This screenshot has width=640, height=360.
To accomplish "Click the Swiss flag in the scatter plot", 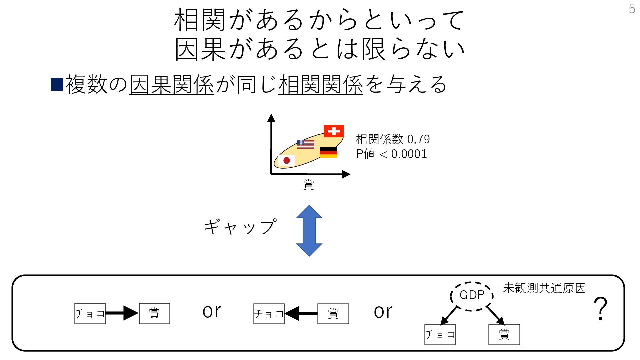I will click(x=334, y=131).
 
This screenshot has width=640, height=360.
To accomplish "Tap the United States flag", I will click(x=306, y=144).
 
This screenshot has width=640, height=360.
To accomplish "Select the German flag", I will click(x=328, y=152).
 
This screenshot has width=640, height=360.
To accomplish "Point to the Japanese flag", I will click(x=286, y=161).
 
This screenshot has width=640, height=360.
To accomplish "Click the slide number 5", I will click(x=632, y=9).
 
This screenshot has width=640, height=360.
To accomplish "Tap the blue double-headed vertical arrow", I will click(x=309, y=231).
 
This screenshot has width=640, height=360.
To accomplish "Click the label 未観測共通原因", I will click(x=544, y=288).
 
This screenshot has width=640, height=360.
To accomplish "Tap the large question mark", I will click(x=600, y=309).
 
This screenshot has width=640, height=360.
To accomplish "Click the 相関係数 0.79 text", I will click(x=393, y=139).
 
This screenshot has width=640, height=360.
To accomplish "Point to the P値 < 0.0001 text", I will click(x=391, y=154).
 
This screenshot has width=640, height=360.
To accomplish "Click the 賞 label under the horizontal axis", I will click(x=309, y=184).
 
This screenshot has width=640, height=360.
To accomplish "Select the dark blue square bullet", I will click(x=57, y=84).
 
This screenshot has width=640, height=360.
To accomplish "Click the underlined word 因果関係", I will click(x=171, y=84).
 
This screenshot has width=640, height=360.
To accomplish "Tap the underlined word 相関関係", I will click(x=321, y=84).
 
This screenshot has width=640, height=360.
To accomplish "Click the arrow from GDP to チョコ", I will click(x=449, y=315).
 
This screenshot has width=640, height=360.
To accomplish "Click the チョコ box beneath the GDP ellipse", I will click(x=440, y=334).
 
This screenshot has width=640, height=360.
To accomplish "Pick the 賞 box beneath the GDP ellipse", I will click(x=504, y=334).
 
